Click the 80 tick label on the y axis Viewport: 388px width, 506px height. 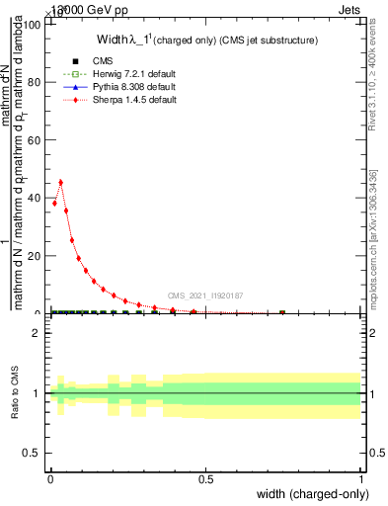pyautogui.click(x=37, y=82)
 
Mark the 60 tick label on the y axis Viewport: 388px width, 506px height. pyautogui.click(x=37, y=140)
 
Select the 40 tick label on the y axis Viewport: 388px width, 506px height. pyautogui.click(x=37, y=198)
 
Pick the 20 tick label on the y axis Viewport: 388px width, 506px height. pyautogui.click(x=37, y=256)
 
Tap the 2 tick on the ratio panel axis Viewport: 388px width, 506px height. pyautogui.click(x=37, y=333)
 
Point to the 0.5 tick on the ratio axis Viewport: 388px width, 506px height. pyautogui.click(x=33, y=453)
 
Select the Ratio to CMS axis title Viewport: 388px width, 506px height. pyautogui.click(x=16, y=391)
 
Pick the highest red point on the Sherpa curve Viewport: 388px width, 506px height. pyautogui.click(x=61, y=182)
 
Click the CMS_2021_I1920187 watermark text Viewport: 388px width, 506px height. pyautogui.click(x=204, y=295)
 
